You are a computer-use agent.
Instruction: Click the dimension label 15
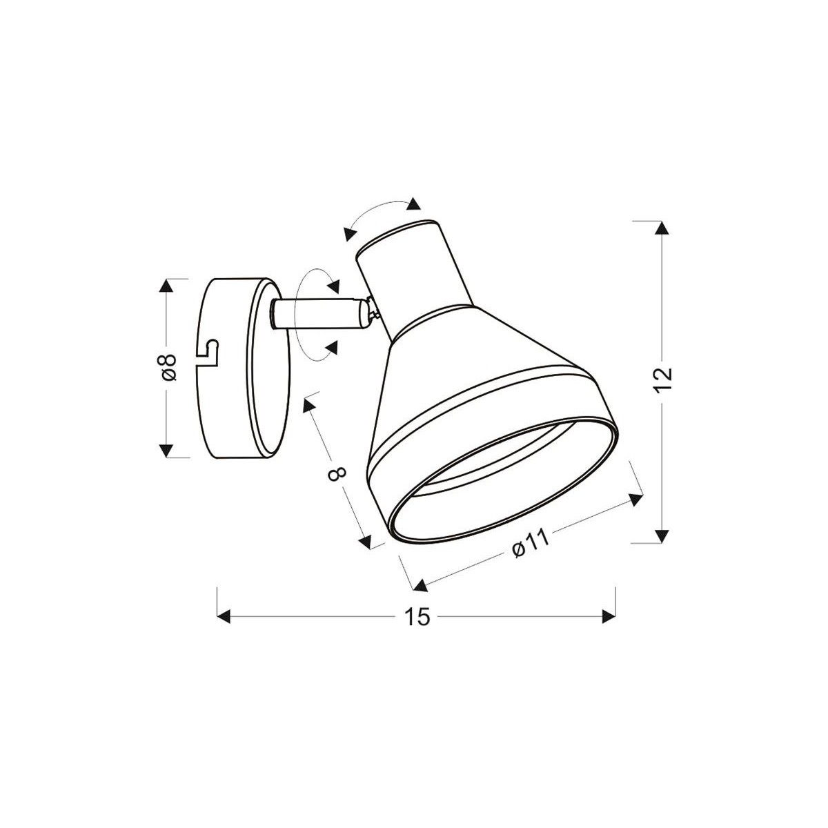coord(417,616)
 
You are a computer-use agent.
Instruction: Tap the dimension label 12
coord(662,380)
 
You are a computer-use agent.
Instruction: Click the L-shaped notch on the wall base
coord(210,351)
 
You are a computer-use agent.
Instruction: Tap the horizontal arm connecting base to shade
coord(317,314)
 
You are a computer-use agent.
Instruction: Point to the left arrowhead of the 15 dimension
coord(223,615)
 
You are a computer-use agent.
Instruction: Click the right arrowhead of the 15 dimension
coord(609,615)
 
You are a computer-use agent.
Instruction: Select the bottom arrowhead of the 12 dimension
coord(662,535)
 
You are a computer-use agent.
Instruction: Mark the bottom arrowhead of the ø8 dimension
coord(165,450)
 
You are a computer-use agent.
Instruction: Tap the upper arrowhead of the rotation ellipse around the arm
coord(333,284)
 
